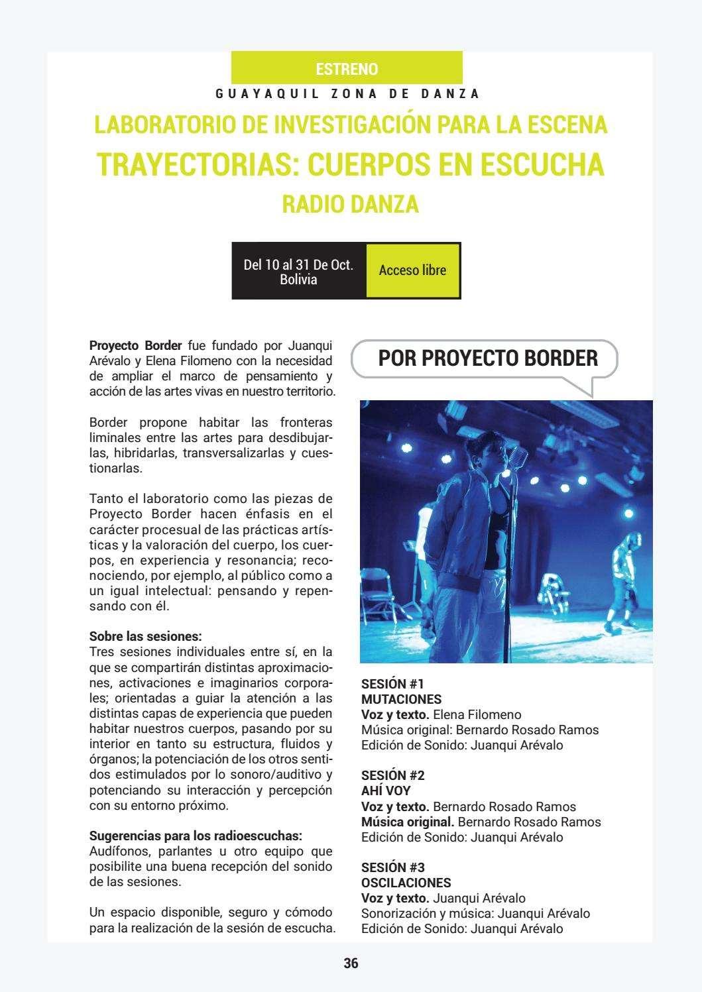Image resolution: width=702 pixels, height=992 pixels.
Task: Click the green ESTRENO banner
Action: click(x=347, y=69)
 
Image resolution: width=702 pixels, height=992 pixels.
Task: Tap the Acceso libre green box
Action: click(x=412, y=270)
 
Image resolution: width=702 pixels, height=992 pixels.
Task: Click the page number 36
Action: click(x=351, y=964)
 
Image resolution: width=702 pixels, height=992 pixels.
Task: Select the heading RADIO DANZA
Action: click(x=351, y=204)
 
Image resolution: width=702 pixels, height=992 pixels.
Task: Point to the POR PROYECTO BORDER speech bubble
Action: click(x=487, y=358)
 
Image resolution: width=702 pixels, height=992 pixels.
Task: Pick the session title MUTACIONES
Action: click(x=401, y=699)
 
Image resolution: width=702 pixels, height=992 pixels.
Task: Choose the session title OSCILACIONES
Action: click(x=406, y=883)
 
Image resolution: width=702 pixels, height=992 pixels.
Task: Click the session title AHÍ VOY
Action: click(x=386, y=791)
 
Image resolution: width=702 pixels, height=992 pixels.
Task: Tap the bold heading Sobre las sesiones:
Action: click(x=145, y=637)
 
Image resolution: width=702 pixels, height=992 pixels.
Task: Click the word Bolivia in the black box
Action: click(x=298, y=280)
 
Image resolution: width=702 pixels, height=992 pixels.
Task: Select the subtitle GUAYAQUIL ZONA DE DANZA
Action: click(x=347, y=94)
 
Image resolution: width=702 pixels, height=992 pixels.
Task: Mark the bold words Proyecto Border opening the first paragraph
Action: click(x=135, y=345)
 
